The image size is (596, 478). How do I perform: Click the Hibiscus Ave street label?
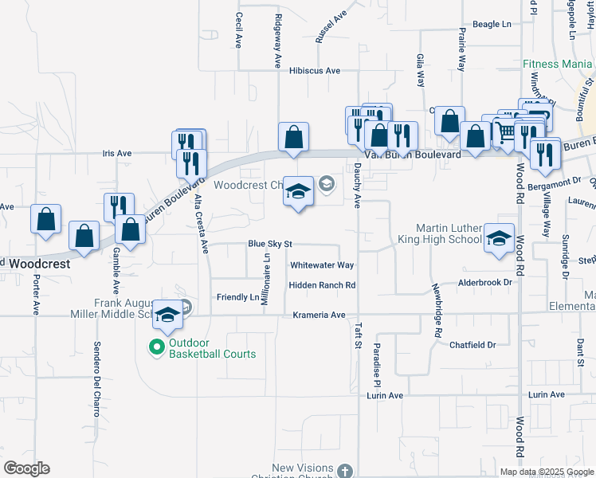[315, 71]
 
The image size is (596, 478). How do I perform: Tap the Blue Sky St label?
[271, 244]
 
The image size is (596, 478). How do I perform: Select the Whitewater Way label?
[322, 265]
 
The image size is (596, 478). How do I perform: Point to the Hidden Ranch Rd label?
[322, 285]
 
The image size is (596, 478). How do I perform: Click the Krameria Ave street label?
[319, 315]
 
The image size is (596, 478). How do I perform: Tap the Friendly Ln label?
[238, 297]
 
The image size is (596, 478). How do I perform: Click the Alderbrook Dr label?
[484, 283]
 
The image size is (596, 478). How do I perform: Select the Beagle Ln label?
[492, 25]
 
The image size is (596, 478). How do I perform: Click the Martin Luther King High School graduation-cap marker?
[499, 238]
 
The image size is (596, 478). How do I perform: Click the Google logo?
[26, 468]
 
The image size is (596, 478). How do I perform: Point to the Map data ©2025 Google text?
[547, 472]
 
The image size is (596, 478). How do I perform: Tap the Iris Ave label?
[116, 153]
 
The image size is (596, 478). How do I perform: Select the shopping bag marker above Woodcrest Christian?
[294, 136]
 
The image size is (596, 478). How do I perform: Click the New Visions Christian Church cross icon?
[344, 471]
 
